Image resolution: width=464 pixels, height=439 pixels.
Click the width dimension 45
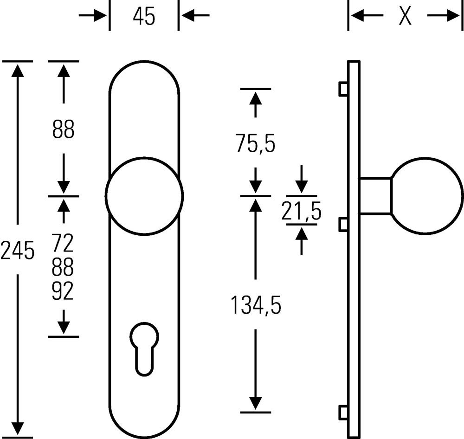[144, 17]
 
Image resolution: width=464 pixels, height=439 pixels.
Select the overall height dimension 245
[17, 251]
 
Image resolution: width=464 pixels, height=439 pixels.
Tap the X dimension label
[405, 17]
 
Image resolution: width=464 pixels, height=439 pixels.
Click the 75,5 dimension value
[255, 144]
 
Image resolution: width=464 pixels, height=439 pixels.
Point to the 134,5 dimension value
[256, 306]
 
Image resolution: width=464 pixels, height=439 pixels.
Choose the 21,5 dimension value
[302, 213]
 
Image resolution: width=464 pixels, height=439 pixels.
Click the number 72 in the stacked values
[63, 242]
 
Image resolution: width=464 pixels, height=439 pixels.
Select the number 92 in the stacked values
[63, 292]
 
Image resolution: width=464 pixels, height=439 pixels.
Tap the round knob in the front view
[144, 196]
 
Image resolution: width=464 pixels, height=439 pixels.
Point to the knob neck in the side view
[375, 196]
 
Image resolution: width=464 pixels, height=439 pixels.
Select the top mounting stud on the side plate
[343, 89]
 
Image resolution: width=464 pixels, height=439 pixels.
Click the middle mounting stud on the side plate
[343, 225]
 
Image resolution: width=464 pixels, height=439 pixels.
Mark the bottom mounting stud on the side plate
[343, 412]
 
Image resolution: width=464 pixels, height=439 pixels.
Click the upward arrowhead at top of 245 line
[17, 70]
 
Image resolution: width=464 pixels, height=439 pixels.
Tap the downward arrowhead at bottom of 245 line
[17, 429]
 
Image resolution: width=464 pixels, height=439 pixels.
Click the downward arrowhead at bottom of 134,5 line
[256, 403]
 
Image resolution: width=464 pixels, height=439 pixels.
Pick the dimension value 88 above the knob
[63, 130]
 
